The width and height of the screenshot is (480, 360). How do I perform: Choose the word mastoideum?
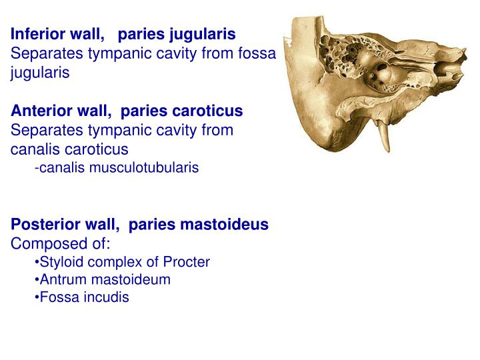click(129, 280)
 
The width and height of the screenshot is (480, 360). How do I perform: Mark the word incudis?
click(103, 298)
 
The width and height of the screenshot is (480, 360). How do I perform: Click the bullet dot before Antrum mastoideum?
click(37, 280)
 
